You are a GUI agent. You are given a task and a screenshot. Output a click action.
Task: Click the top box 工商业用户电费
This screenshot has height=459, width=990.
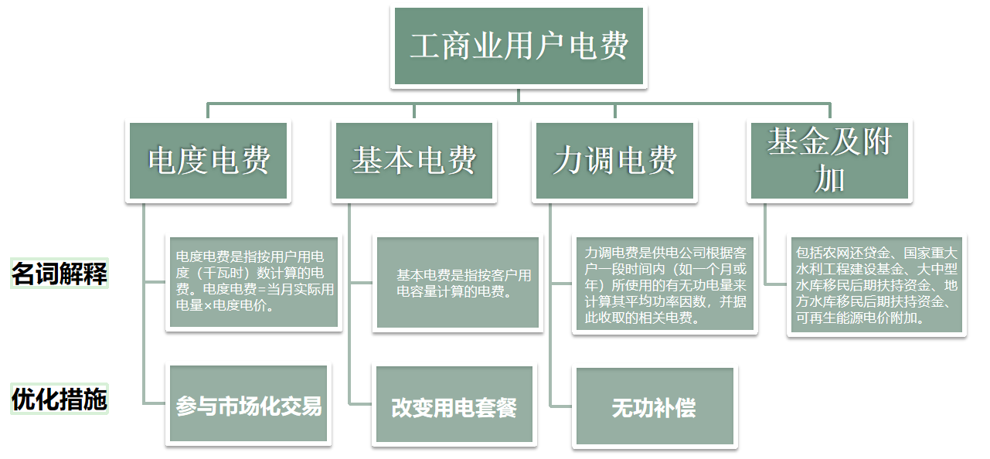[x=519, y=46]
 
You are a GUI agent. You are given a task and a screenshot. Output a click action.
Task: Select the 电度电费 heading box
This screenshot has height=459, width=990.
[x=209, y=161]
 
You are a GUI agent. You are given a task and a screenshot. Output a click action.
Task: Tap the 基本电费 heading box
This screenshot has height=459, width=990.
[x=414, y=161]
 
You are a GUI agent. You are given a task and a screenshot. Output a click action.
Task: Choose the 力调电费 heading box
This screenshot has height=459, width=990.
[x=615, y=161]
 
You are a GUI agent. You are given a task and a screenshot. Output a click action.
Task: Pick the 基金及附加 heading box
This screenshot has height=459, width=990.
[x=829, y=161]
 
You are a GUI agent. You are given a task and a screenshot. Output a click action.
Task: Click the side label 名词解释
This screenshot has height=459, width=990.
[x=60, y=274]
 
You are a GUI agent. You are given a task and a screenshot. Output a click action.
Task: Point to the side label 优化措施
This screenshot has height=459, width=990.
[x=60, y=399]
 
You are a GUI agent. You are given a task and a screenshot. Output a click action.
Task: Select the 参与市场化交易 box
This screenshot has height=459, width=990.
[x=249, y=406]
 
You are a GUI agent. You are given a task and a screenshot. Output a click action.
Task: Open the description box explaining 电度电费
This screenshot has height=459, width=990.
[x=254, y=283]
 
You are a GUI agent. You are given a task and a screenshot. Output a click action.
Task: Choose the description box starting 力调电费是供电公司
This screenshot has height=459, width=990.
[x=665, y=284]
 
